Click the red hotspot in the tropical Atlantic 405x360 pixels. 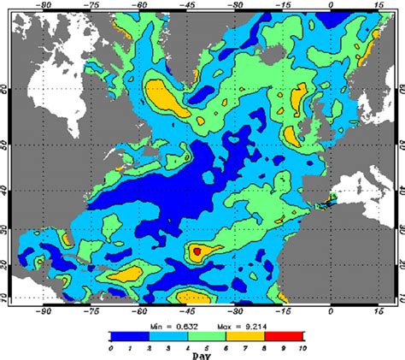196,251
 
